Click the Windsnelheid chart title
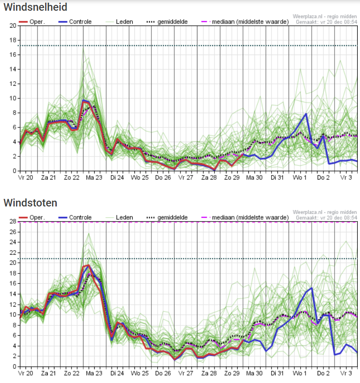click(x=35, y=7)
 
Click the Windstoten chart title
click(x=30, y=203)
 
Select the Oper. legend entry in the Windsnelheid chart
click(x=32, y=22)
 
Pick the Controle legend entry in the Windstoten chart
click(x=75, y=217)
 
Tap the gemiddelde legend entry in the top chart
click(x=167, y=22)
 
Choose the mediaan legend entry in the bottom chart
click(x=245, y=217)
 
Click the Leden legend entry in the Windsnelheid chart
click(x=119, y=22)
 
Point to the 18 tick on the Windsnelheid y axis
click(x=13, y=40)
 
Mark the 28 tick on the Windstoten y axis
click(x=13, y=222)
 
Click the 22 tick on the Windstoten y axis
click(x=13, y=253)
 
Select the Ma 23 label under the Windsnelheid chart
click(x=94, y=177)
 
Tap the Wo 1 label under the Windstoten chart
click(x=300, y=373)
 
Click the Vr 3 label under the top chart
click(x=346, y=177)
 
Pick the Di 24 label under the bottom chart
click(x=117, y=373)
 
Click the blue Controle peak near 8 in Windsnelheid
click(x=306, y=114)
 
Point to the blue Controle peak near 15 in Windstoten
click(x=312, y=288)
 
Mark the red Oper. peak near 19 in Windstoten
click(x=88, y=265)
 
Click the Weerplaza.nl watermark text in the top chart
click(x=325, y=17)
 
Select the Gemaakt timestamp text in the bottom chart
click(x=327, y=218)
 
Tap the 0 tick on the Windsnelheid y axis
click(x=14, y=171)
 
